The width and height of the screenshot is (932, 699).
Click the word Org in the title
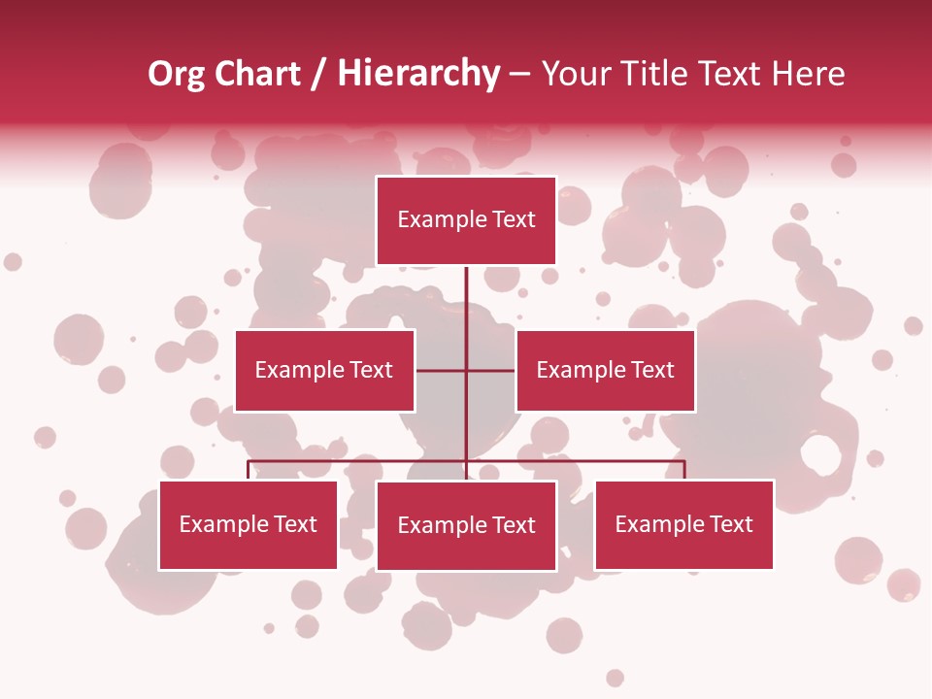point(176,74)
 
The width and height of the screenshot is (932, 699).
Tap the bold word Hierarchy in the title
point(417,74)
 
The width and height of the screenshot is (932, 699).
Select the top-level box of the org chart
point(466,220)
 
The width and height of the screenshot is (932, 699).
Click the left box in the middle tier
point(324,370)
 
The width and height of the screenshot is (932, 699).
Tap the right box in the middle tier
point(605,370)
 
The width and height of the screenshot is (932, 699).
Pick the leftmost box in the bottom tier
point(249,525)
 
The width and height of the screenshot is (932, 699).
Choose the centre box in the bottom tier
point(466,525)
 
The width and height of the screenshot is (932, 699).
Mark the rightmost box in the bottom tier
point(683,525)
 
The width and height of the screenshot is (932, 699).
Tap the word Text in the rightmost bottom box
point(730,525)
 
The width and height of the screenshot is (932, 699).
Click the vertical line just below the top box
point(466,291)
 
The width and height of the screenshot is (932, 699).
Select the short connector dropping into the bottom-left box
point(249,470)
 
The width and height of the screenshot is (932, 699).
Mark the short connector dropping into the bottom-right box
point(684,470)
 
